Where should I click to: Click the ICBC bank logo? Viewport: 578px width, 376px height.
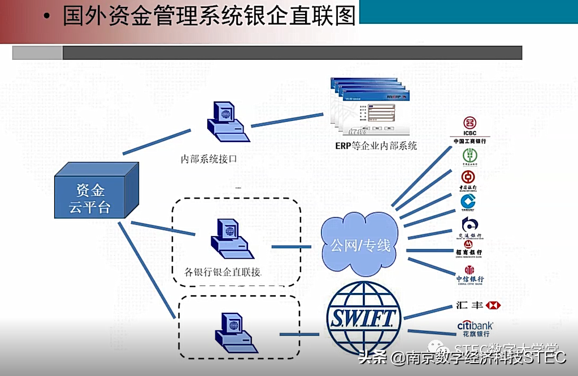pyautogui.click(x=469, y=129)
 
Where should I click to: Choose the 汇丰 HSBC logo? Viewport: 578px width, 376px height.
pyautogui.click(x=478, y=305)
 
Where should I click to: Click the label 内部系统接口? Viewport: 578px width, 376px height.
pyautogui.click(x=208, y=159)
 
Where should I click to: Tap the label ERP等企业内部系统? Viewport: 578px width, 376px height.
pyautogui.click(x=376, y=146)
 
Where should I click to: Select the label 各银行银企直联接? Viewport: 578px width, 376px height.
pyautogui.click(x=223, y=272)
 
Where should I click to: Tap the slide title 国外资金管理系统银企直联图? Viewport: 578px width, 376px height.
pyautogui.click(x=209, y=16)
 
